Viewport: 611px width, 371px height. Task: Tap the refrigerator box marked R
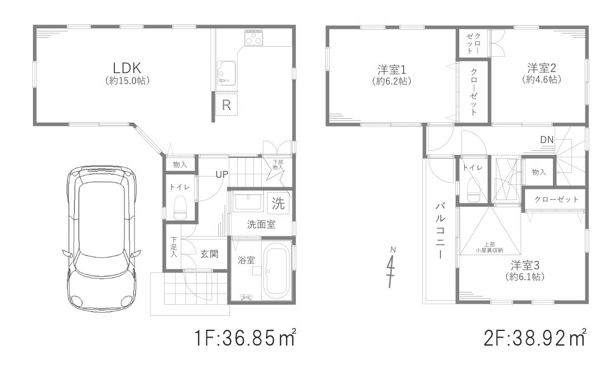point(227,105)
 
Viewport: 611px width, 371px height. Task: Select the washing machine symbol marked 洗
point(278,203)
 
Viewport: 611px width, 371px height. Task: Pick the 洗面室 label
point(261,225)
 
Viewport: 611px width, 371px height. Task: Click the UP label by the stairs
point(222,174)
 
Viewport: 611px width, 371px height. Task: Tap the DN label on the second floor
point(547,139)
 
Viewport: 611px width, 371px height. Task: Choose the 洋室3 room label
point(525,265)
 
